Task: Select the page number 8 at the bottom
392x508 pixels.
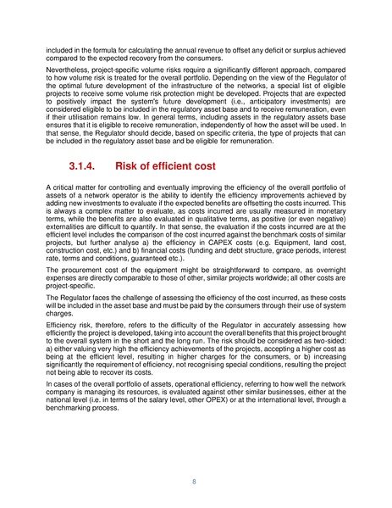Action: pyautogui.click(x=196, y=479)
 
